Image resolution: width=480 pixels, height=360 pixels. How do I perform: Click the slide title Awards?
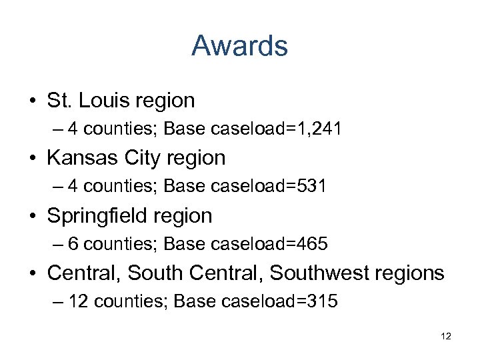pyautogui.click(x=239, y=46)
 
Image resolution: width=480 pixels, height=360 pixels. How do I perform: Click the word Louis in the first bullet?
pyautogui.click(x=106, y=101)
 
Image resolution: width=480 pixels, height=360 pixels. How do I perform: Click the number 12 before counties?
pyautogui.click(x=79, y=301)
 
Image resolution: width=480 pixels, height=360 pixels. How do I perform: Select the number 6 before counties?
pyautogui.click(x=73, y=244)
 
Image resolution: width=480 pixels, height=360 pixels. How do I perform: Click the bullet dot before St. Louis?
pyautogui.click(x=33, y=101)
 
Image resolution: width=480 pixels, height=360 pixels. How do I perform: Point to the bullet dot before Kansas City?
pyautogui.click(x=33, y=159)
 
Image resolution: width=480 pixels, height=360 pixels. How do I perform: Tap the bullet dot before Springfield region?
pyautogui.click(x=33, y=216)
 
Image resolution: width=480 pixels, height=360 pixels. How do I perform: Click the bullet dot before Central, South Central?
pyautogui.click(x=33, y=273)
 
